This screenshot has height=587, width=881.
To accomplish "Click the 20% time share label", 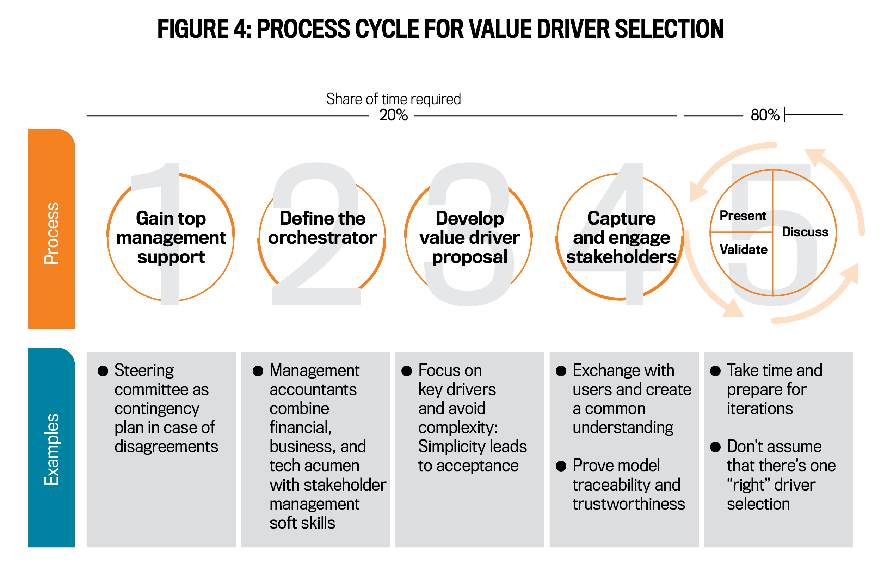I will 393,115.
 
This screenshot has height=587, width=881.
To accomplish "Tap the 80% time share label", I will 764,115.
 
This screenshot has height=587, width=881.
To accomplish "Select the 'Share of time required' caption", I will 393,99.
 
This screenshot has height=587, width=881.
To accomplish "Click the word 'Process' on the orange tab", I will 51,233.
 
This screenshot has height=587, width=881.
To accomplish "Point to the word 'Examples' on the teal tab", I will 51,449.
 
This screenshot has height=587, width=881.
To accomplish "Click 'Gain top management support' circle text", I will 171,237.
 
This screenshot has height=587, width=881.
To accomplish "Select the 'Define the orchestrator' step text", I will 322,228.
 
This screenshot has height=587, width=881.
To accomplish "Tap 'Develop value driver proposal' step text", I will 469,237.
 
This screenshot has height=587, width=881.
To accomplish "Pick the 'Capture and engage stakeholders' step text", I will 621,237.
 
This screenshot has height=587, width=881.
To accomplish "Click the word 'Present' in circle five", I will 743,216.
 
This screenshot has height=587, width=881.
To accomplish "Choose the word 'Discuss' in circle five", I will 805,232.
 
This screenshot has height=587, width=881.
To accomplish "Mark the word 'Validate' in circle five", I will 743,250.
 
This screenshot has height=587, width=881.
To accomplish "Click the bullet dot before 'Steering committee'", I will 103,371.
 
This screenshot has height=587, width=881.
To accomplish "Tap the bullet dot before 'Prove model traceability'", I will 561,466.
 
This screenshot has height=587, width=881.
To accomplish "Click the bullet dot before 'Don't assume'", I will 715,447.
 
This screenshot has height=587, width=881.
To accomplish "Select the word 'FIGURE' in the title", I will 193,29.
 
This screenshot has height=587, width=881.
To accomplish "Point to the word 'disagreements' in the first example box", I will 166,447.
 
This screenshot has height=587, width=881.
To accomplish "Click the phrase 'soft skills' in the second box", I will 302,523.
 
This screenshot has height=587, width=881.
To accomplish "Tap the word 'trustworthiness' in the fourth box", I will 629,504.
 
